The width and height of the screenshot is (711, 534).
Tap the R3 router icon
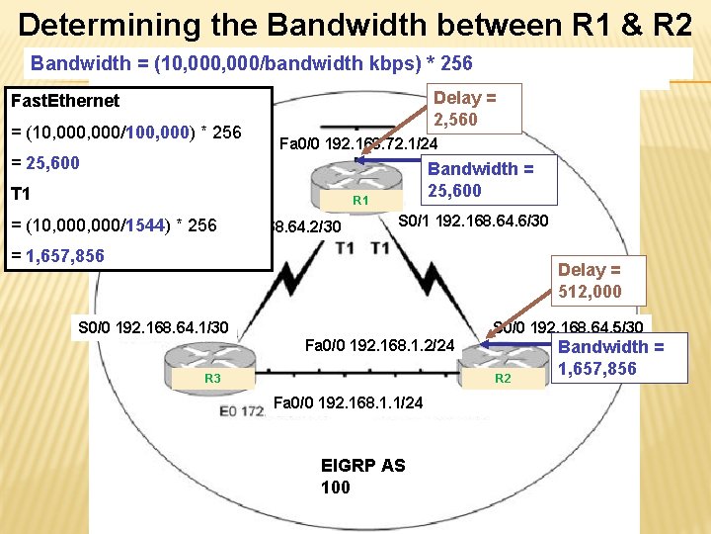tap(210, 365)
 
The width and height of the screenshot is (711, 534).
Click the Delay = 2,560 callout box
tap(464, 109)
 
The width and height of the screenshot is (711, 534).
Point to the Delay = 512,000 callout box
tap(590, 280)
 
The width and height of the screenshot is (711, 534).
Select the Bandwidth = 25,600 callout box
tap(481, 180)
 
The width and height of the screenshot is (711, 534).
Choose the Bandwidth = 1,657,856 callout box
tap(610, 357)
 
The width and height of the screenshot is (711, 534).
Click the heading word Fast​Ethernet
tap(64, 100)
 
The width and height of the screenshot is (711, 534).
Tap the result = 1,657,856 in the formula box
tap(56, 256)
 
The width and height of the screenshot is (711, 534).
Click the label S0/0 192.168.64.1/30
tap(153, 326)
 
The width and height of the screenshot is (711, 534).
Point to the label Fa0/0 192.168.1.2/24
tap(379, 346)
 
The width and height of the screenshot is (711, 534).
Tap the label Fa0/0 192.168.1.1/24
tap(347, 402)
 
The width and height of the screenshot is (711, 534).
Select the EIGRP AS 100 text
tap(362, 476)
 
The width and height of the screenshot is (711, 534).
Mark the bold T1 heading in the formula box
tap(20, 194)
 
